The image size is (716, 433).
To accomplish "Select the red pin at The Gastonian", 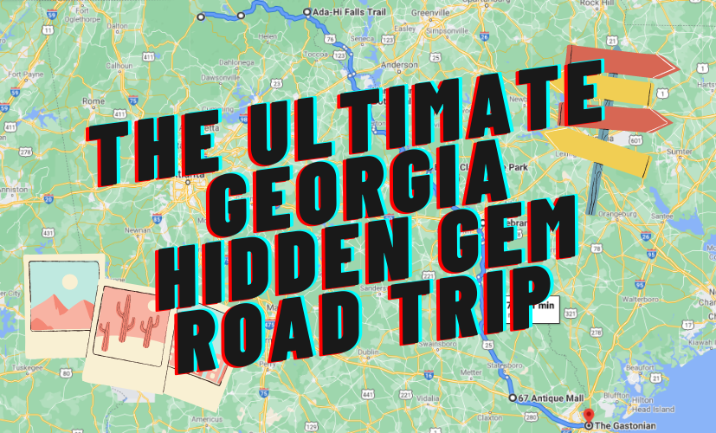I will (588, 417).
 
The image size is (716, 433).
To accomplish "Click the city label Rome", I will (92, 100).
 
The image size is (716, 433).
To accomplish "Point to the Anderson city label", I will (399, 65).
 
